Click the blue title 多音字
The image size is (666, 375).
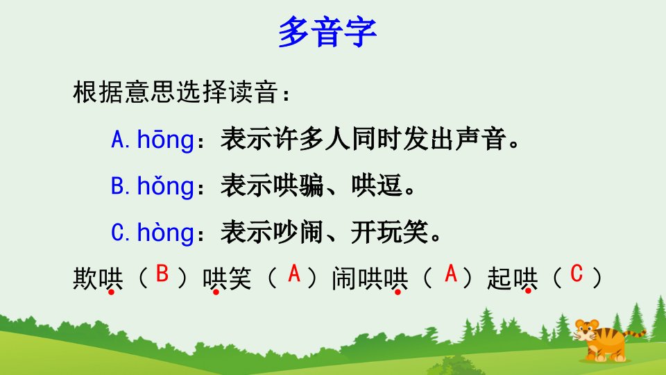[327, 33]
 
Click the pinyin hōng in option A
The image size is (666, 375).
[166, 140]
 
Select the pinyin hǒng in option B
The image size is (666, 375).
[166, 186]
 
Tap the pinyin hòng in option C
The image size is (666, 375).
[166, 232]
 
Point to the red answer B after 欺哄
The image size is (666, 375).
[162, 274]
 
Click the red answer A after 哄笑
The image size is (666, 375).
[294, 274]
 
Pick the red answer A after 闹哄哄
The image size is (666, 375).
[451, 274]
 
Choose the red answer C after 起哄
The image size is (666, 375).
[577, 274]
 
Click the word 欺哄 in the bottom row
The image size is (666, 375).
[98, 279]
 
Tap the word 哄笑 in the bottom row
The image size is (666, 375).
[228, 279]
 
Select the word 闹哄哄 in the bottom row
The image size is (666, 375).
[370, 279]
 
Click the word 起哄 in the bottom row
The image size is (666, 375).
[513, 279]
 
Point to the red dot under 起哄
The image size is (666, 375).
[528, 291]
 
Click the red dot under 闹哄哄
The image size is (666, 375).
[398, 292]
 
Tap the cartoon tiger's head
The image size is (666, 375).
[587, 331]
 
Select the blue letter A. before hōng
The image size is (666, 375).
[120, 140]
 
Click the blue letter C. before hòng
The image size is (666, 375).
[120, 233]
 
